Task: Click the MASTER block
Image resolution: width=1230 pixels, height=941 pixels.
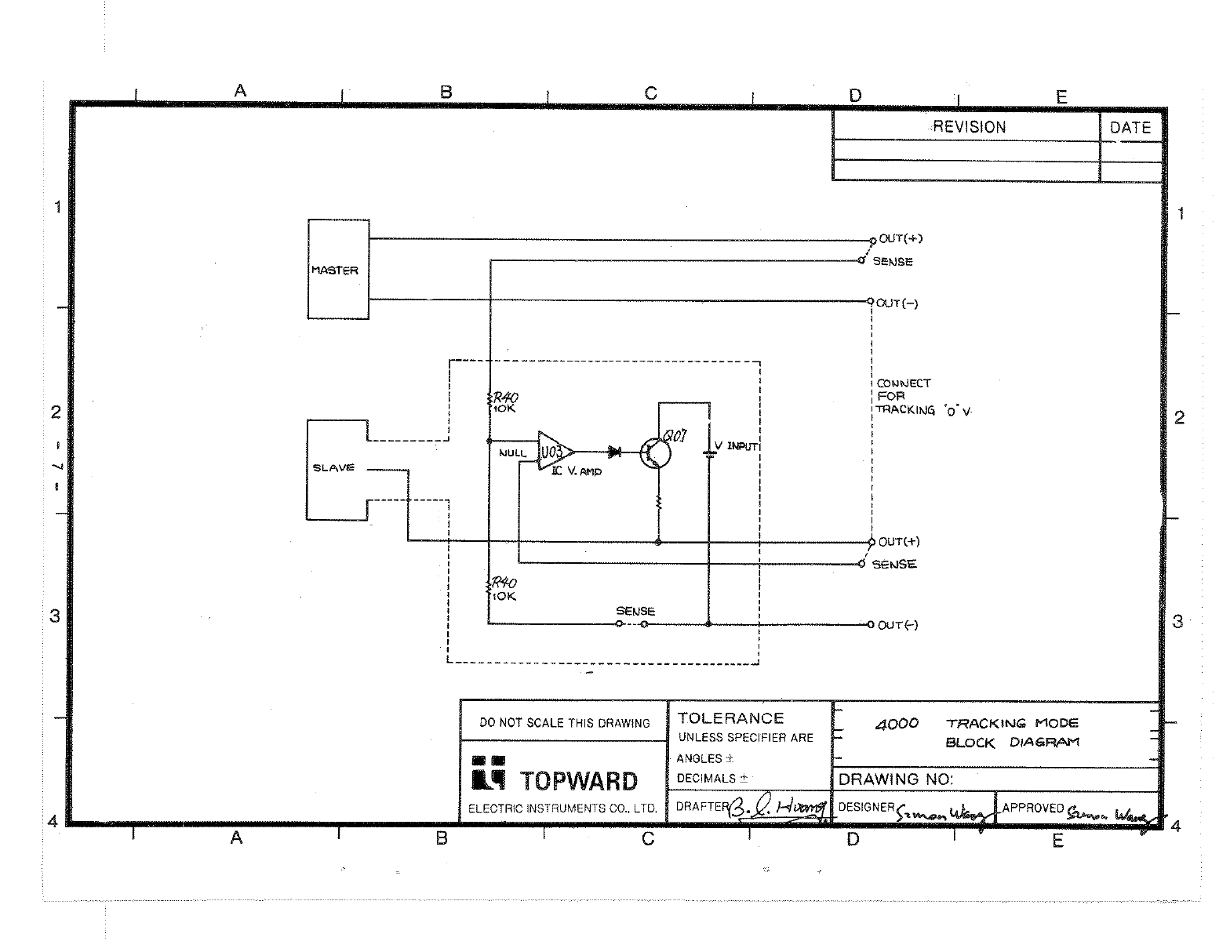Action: pos(338,269)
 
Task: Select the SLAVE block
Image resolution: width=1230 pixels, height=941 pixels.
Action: pos(336,469)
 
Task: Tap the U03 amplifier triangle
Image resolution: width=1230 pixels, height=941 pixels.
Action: pos(554,452)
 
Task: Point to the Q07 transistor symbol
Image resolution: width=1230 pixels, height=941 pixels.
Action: pos(655,453)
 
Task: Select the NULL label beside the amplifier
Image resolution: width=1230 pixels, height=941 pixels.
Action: pos(512,453)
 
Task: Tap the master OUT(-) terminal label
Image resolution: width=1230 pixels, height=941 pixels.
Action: pos(897,303)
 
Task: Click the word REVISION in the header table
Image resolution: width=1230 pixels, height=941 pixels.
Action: pos(970,127)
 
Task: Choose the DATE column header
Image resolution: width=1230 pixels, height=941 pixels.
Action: pos(1130,128)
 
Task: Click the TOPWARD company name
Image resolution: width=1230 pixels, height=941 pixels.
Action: pos(579,781)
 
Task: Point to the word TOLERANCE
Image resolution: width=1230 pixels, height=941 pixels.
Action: pos(730,718)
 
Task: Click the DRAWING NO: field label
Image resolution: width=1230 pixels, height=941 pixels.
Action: pos(896,779)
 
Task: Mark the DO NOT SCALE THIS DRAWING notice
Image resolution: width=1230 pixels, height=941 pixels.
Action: pos(565,723)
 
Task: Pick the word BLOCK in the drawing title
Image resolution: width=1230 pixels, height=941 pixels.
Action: pos(970,743)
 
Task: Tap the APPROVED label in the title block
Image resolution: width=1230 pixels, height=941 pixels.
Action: pos(1032,808)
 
